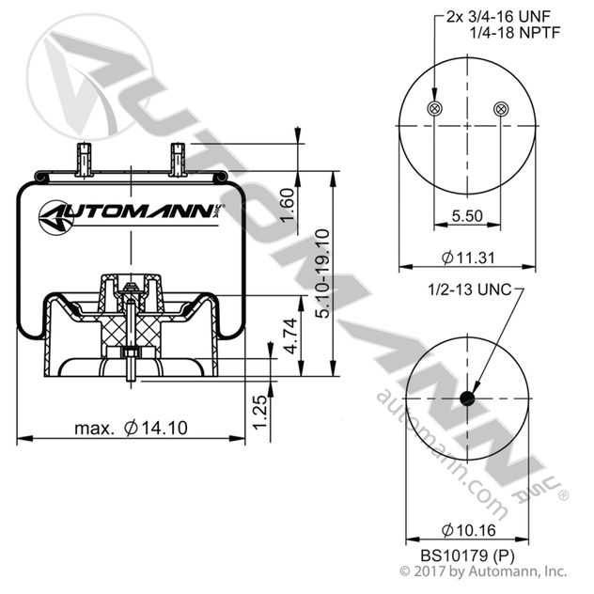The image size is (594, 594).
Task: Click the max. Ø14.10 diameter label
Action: [x=132, y=428]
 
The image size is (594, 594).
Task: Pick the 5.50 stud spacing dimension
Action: [x=467, y=215]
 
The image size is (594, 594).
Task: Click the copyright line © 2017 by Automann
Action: [x=484, y=571]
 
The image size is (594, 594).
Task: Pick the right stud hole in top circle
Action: [x=500, y=108]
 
